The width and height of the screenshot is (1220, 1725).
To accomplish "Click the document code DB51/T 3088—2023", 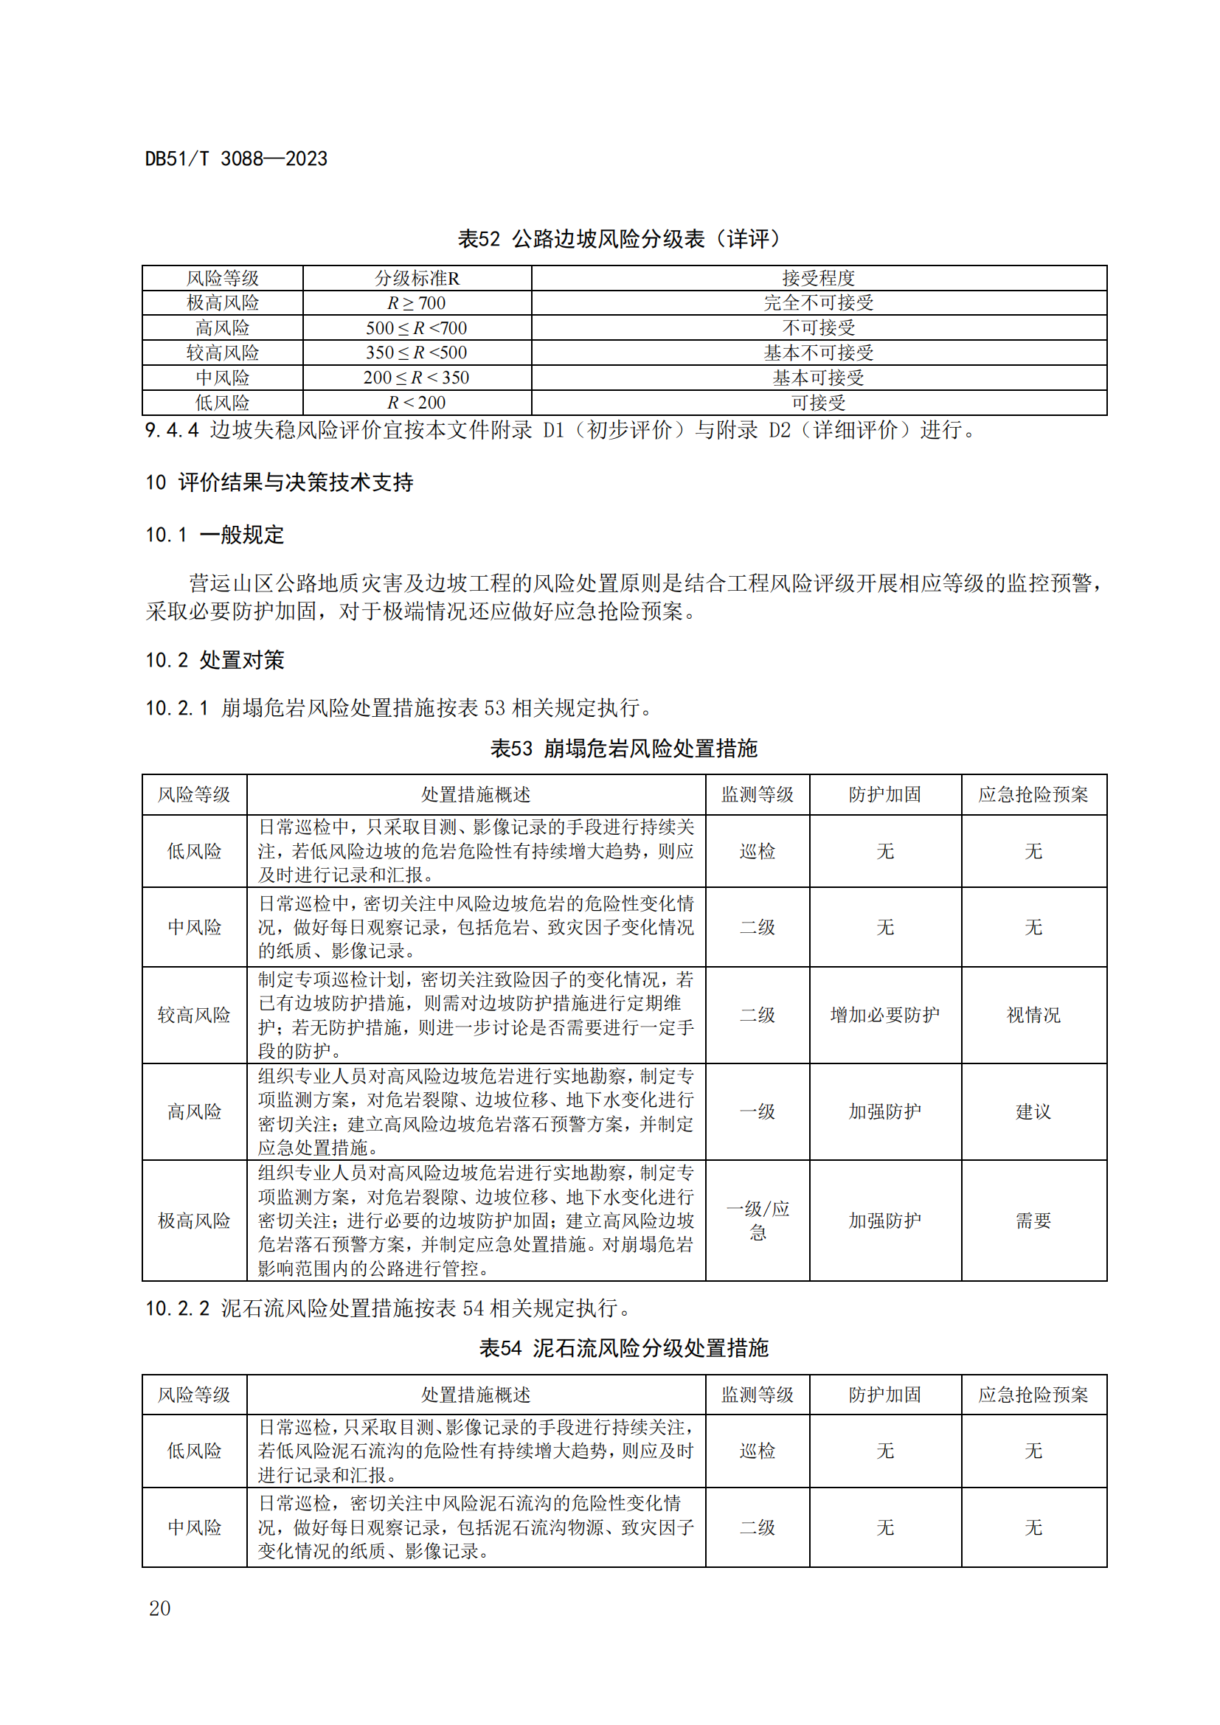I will pyautogui.click(x=236, y=159).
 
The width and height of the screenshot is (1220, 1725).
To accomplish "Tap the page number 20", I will pyautogui.click(x=159, y=1608).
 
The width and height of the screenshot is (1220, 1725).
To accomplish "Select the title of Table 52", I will pyautogui.click(x=623, y=239).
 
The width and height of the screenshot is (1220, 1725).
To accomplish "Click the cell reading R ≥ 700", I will pyautogui.click(x=416, y=303).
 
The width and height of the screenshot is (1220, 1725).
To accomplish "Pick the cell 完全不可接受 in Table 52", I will pyautogui.click(x=818, y=303).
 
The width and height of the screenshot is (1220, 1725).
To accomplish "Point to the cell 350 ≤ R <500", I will pyautogui.click(x=416, y=353).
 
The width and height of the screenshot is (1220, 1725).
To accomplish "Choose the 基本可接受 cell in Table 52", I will pyautogui.click(x=818, y=377).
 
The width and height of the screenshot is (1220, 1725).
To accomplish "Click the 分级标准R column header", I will pyautogui.click(x=416, y=278).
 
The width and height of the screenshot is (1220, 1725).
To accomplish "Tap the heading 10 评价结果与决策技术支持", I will pyautogui.click(x=279, y=482).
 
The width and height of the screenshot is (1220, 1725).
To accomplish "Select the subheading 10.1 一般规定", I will pyautogui.click(x=214, y=535).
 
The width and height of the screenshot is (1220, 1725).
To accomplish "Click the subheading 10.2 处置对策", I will pyautogui.click(x=214, y=660).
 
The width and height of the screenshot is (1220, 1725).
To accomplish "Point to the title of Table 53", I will pyautogui.click(x=623, y=749).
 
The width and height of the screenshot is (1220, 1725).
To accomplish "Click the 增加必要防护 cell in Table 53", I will pyautogui.click(x=884, y=1015).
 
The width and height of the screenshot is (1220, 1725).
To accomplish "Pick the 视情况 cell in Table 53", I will pyautogui.click(x=1033, y=1015).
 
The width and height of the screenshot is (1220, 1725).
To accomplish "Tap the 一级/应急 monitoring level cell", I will pyautogui.click(x=758, y=1220).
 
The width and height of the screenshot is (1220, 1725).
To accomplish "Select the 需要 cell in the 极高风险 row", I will pyautogui.click(x=1033, y=1220).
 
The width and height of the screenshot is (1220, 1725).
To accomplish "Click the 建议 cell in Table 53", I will pyautogui.click(x=1033, y=1111).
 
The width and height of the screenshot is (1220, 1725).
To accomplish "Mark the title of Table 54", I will pyautogui.click(x=623, y=1348).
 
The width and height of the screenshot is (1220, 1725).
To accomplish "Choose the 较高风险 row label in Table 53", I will pyautogui.click(x=194, y=1015).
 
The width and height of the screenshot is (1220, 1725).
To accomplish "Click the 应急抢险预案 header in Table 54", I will pyautogui.click(x=1033, y=1395).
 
